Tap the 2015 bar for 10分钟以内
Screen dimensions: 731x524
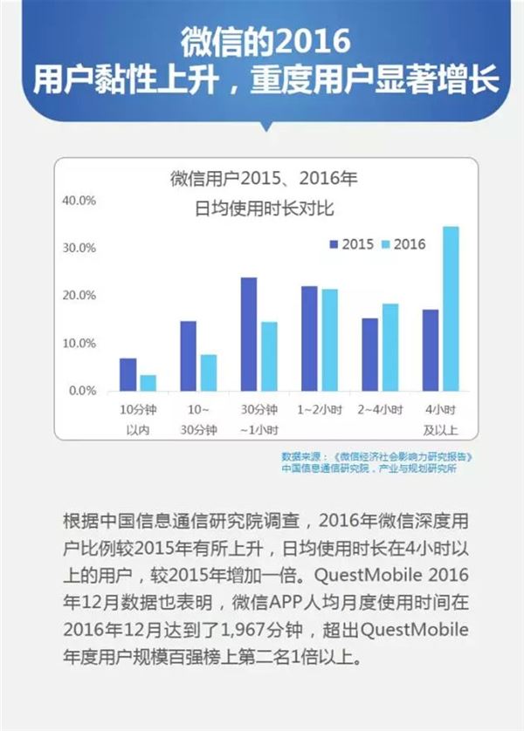128,374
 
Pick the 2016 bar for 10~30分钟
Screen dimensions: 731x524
209,372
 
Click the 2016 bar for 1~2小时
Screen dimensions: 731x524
329,339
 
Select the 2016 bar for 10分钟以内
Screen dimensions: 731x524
148,383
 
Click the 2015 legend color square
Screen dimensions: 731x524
333,244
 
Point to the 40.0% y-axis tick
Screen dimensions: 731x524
78,201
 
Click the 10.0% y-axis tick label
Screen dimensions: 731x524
78,343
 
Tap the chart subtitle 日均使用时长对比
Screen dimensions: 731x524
263,210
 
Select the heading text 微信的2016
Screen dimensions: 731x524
262,41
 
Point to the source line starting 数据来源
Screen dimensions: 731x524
376,456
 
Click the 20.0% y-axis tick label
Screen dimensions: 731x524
78,296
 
